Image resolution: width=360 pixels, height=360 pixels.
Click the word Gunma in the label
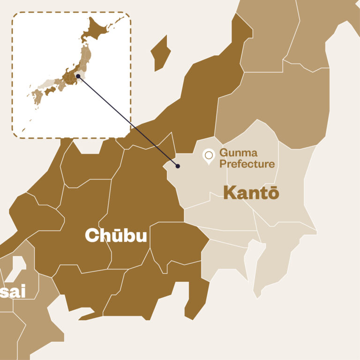(239, 153)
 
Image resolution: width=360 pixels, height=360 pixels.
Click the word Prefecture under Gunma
(247, 164)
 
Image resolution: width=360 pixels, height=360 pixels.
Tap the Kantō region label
(251, 192)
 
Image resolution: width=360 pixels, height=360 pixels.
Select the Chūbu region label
(115, 236)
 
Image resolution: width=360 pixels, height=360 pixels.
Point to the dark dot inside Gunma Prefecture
(178, 166)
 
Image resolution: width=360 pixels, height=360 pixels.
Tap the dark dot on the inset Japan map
(78, 75)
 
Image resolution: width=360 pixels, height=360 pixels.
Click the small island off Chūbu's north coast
(161, 53)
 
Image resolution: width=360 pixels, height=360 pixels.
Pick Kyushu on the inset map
(36, 97)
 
